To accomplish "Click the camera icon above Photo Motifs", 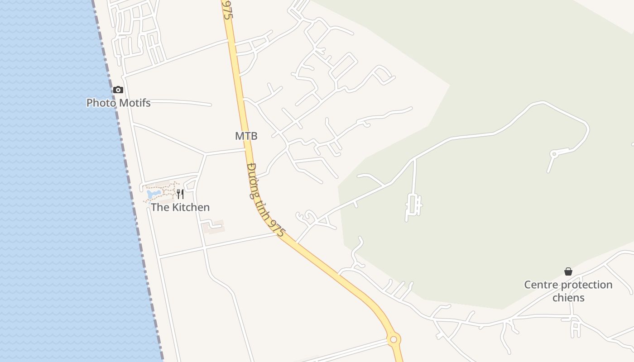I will pyautogui.click(x=118, y=90).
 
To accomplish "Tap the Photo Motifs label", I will pyautogui.click(x=118, y=103).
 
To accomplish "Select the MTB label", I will pyautogui.click(x=246, y=136).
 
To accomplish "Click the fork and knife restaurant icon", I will pyautogui.click(x=180, y=194).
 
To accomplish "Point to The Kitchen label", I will pyautogui.click(x=180, y=207).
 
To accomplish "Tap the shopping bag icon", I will pyautogui.click(x=568, y=271).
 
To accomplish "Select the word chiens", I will pyautogui.click(x=568, y=298).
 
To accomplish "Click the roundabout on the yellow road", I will pyautogui.click(x=394, y=339).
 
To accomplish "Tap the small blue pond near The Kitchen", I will pyautogui.click(x=154, y=194).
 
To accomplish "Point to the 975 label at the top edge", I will pyautogui.click(x=227, y=9).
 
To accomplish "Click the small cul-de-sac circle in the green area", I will pyautogui.click(x=553, y=154).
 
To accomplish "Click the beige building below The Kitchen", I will pyautogui.click(x=213, y=226).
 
